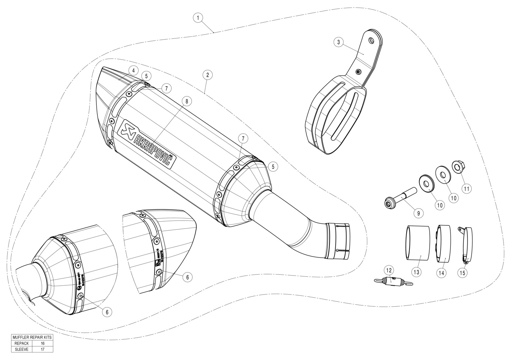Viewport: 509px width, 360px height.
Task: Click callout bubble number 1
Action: [198, 17]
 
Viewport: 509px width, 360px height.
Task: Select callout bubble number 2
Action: [207, 75]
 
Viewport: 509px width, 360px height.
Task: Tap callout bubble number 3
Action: [338, 42]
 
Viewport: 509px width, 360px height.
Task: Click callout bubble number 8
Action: [186, 101]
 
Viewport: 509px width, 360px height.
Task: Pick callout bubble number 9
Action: [418, 213]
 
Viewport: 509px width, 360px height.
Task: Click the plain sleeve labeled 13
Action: [417, 242]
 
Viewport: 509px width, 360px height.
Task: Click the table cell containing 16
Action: [42, 343]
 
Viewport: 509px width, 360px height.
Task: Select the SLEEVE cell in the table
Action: [22, 349]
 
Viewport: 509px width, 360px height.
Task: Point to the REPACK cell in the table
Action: [22, 343]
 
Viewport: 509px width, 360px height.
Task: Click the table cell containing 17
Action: [42, 349]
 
